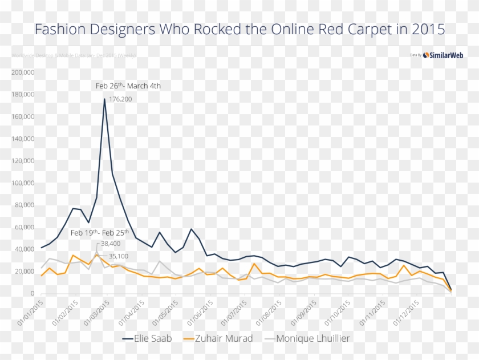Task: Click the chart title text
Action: [239, 29]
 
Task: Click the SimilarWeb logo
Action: [443, 55]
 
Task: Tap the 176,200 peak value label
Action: [120, 99]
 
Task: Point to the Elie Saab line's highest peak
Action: [104, 99]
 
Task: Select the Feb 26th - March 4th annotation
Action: [128, 86]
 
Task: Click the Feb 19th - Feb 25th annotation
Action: [100, 233]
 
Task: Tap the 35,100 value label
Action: [118, 256]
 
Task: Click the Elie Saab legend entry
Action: [147, 338]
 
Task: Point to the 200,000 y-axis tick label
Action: [23, 72]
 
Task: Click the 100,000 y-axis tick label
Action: [23, 183]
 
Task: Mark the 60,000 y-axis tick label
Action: [25, 227]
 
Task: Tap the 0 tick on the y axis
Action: [33, 293]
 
